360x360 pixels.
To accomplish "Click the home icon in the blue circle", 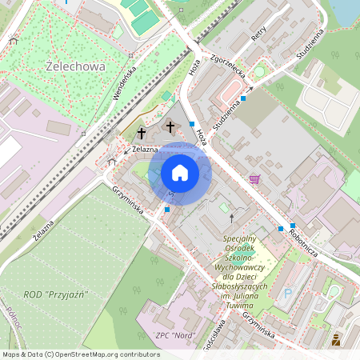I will (x=179, y=172).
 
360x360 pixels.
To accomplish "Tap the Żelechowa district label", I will (x=76, y=67).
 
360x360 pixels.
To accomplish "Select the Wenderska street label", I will (x=126, y=82).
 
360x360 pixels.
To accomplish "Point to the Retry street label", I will (x=258, y=33).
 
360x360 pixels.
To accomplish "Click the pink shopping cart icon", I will (x=254, y=179).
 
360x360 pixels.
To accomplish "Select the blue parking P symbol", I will (x=288, y=294).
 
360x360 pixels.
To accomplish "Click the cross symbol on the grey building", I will (x=170, y=126).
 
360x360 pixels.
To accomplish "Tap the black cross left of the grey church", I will (x=142, y=133).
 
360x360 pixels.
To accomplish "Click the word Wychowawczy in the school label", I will (x=240, y=268).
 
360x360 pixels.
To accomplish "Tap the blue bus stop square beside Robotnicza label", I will (x=294, y=225).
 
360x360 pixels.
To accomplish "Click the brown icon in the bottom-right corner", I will (x=336, y=340).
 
